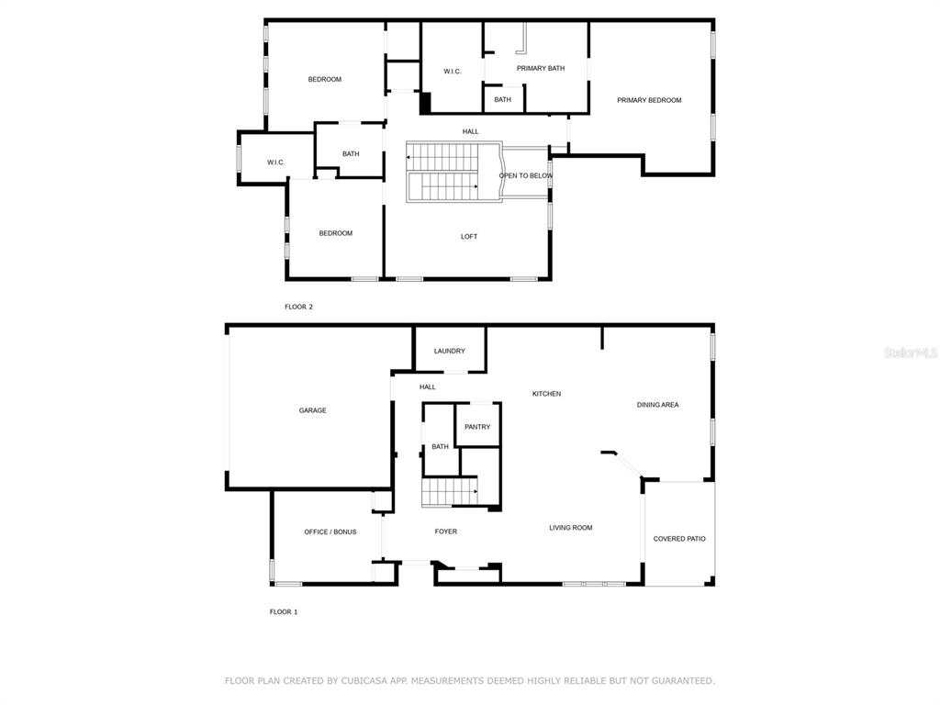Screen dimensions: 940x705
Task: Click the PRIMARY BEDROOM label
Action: tap(649, 100)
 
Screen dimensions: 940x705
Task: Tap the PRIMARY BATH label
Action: tap(541, 68)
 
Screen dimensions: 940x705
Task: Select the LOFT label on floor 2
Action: tap(469, 237)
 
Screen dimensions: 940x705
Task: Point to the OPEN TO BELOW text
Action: tap(526, 175)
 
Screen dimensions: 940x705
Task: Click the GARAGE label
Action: tap(312, 410)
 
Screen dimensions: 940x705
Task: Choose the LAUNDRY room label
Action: tap(449, 352)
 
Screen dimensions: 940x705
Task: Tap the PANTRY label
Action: tap(477, 427)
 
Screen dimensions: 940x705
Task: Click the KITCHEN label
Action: tap(547, 394)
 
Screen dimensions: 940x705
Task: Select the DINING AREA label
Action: tap(657, 405)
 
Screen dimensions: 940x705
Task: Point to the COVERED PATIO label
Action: tap(679, 539)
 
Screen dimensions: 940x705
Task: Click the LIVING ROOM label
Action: tap(571, 528)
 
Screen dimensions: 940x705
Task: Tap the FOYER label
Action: tap(445, 532)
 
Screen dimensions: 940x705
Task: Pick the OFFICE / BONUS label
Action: tap(330, 532)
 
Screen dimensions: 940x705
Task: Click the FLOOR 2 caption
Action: tap(298, 307)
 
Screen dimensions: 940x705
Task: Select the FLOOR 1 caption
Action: tap(284, 612)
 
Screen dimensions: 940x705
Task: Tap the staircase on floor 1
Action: tap(450, 492)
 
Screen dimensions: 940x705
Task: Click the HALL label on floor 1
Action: tap(428, 387)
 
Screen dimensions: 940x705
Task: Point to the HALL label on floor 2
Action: tap(471, 132)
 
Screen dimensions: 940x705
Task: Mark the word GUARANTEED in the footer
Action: tap(683, 681)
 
